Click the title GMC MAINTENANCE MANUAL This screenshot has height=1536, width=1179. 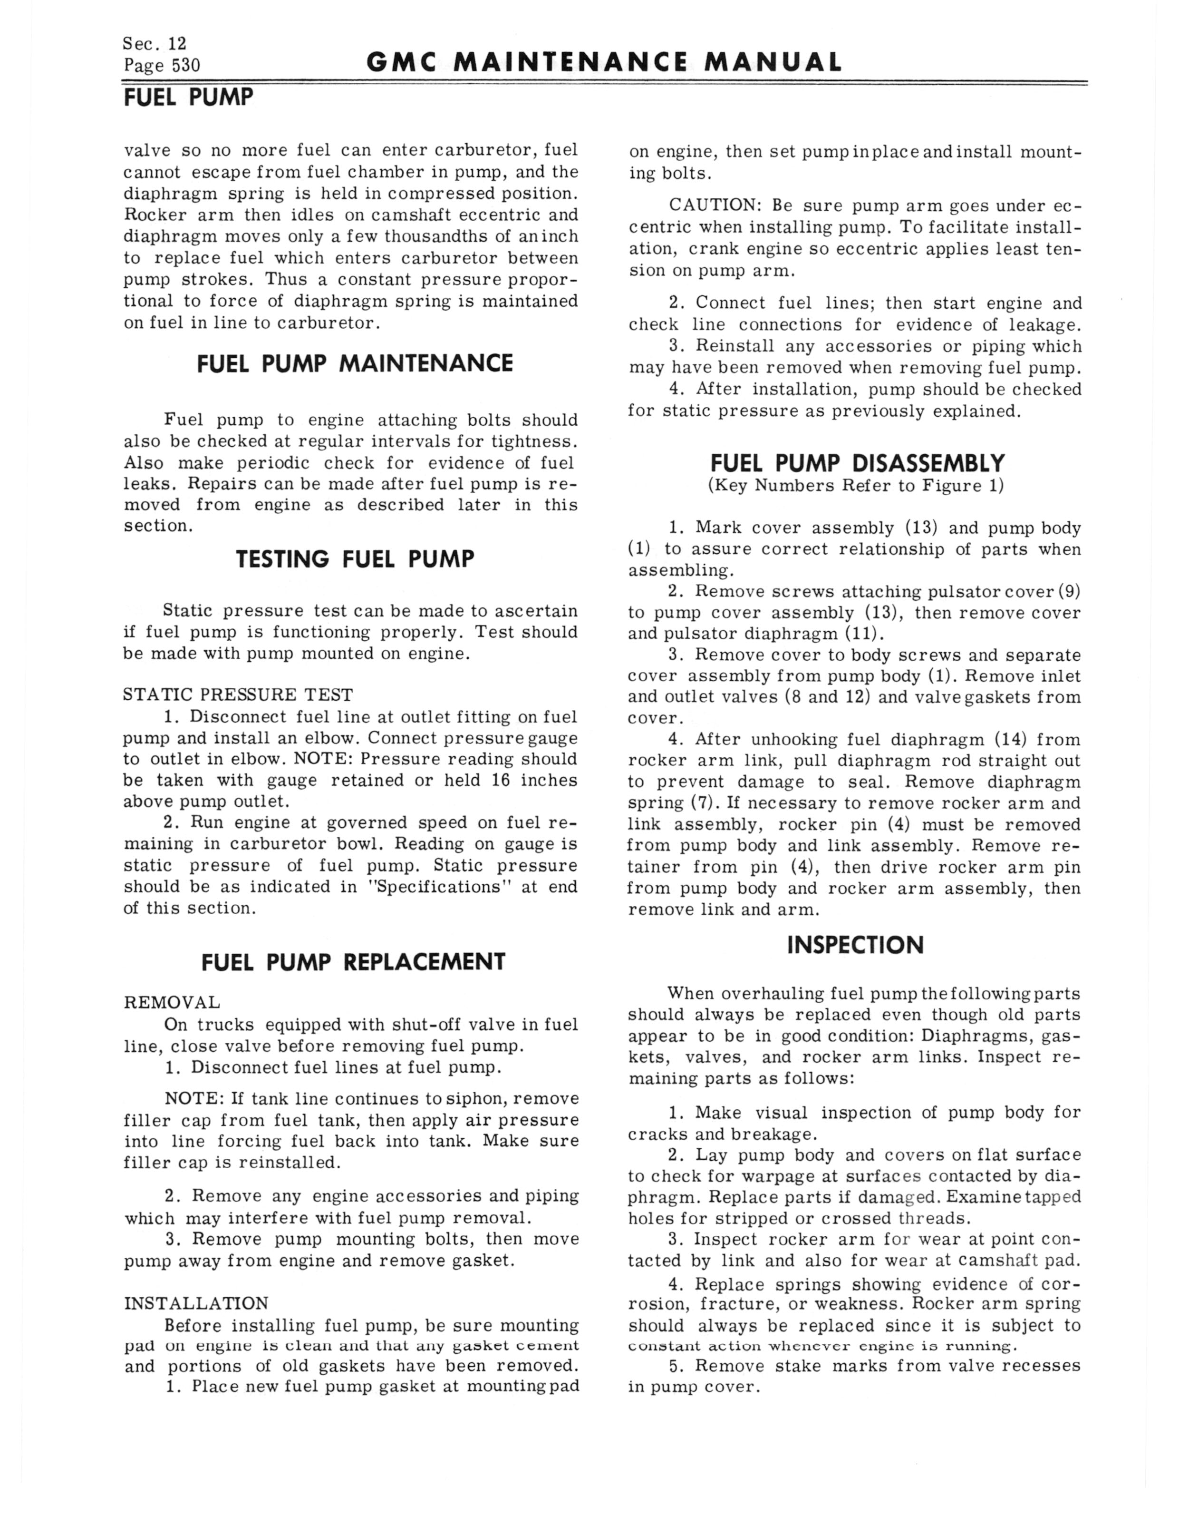pos(604,63)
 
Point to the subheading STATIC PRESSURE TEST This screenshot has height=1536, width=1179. pos(238,695)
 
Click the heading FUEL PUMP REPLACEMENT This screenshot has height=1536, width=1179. pos(353,962)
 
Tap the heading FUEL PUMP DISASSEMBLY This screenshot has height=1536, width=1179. pos(858,463)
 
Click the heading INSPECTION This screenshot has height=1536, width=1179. pos(855,945)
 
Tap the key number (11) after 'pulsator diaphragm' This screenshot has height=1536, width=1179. pos(865,634)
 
